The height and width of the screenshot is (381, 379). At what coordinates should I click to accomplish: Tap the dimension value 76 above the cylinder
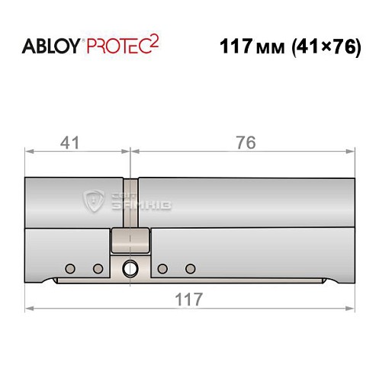click(245, 142)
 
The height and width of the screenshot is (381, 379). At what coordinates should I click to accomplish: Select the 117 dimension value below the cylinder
click(189, 299)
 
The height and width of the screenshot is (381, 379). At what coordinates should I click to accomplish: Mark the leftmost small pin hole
click(70, 268)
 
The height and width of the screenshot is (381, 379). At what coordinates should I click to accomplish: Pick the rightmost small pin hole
click(191, 268)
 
